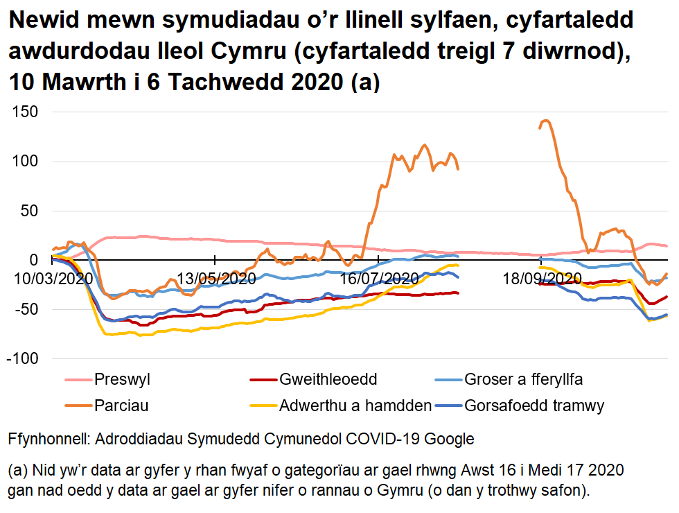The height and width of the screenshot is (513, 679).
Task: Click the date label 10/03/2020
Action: (53, 279)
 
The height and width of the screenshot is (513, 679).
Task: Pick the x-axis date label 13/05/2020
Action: (216, 279)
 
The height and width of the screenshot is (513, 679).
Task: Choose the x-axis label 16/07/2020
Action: (379, 279)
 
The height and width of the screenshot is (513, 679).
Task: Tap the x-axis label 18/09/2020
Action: (542, 279)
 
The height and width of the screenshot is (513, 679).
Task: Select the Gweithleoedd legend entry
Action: (328, 380)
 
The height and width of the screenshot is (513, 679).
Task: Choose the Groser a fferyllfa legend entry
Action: (523, 380)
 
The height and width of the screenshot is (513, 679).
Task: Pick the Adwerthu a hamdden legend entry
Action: (355, 406)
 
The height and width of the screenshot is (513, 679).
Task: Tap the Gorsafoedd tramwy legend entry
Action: (525, 406)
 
